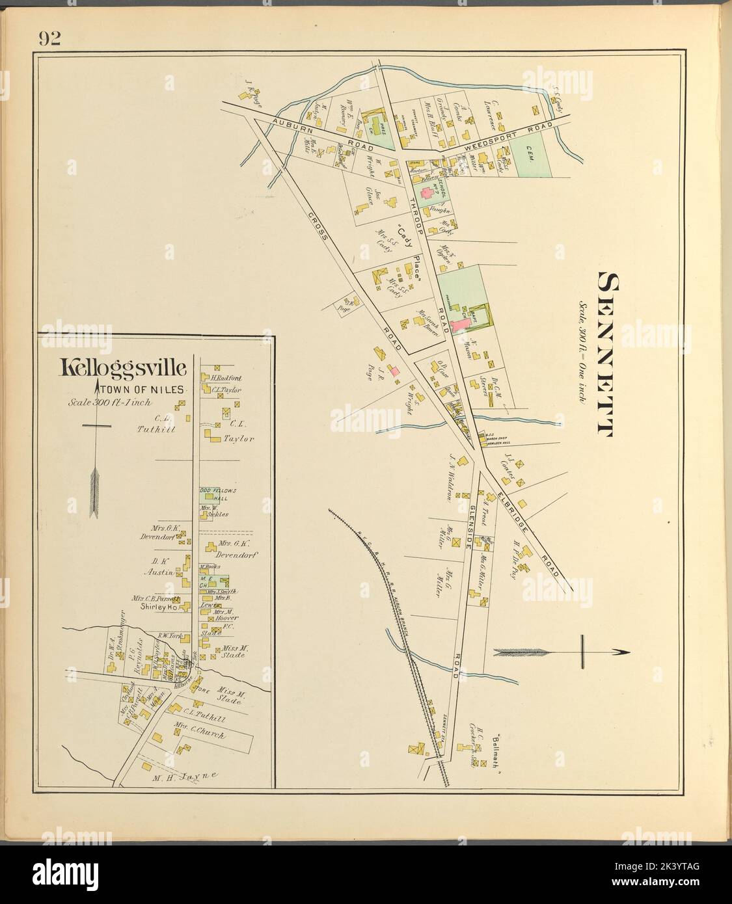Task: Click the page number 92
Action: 49,39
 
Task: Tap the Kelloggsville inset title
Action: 124,369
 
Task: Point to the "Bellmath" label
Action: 500,747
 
